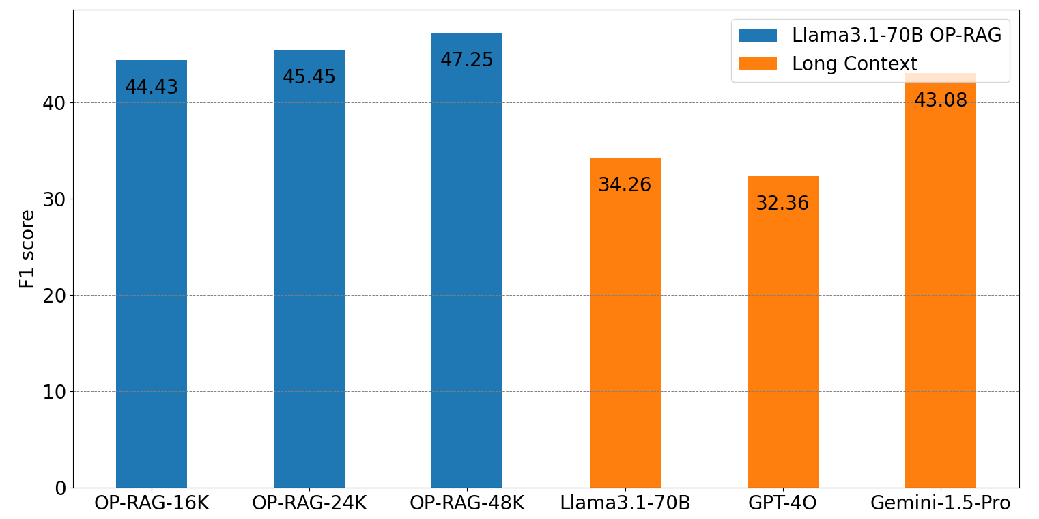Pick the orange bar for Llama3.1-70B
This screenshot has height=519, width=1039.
tap(625, 328)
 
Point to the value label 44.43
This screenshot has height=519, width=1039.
tap(151, 87)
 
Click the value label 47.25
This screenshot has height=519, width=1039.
tap(466, 60)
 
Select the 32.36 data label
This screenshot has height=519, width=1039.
tap(782, 204)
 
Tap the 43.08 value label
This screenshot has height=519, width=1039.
tap(940, 100)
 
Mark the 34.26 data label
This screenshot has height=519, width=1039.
tap(625, 185)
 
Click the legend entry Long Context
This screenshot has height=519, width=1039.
tap(854, 64)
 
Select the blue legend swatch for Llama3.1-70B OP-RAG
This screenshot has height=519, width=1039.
tap(757, 36)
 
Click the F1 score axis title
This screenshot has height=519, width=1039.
tap(27, 249)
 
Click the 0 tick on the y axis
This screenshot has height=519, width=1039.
tap(60, 488)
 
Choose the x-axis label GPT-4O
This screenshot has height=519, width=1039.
tap(782, 503)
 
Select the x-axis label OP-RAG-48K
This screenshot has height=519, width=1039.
tap(466, 503)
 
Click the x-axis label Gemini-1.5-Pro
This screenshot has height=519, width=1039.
tap(940, 503)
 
